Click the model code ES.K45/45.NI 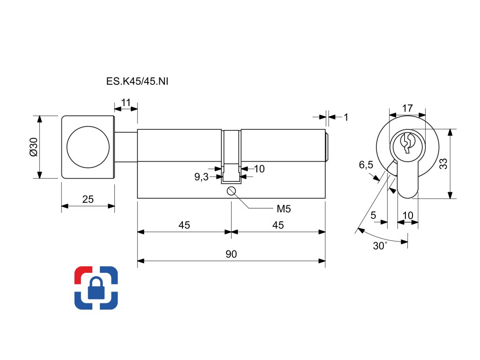tap(137, 82)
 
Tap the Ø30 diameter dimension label tap(33, 147)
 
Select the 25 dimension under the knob tap(88, 199)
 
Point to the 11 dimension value tap(126, 102)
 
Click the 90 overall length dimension tap(231, 254)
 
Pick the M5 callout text tap(284, 209)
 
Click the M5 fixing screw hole tap(231, 191)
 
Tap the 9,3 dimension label tap(202, 177)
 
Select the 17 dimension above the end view tap(407, 108)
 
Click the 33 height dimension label tap(443, 164)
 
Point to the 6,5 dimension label tap(366, 165)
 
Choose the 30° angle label tap(380, 246)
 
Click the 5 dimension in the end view tap(373, 215)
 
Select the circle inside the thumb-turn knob tap(87, 146)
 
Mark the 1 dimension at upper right tap(346, 117)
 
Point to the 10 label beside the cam tap(259, 169)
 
